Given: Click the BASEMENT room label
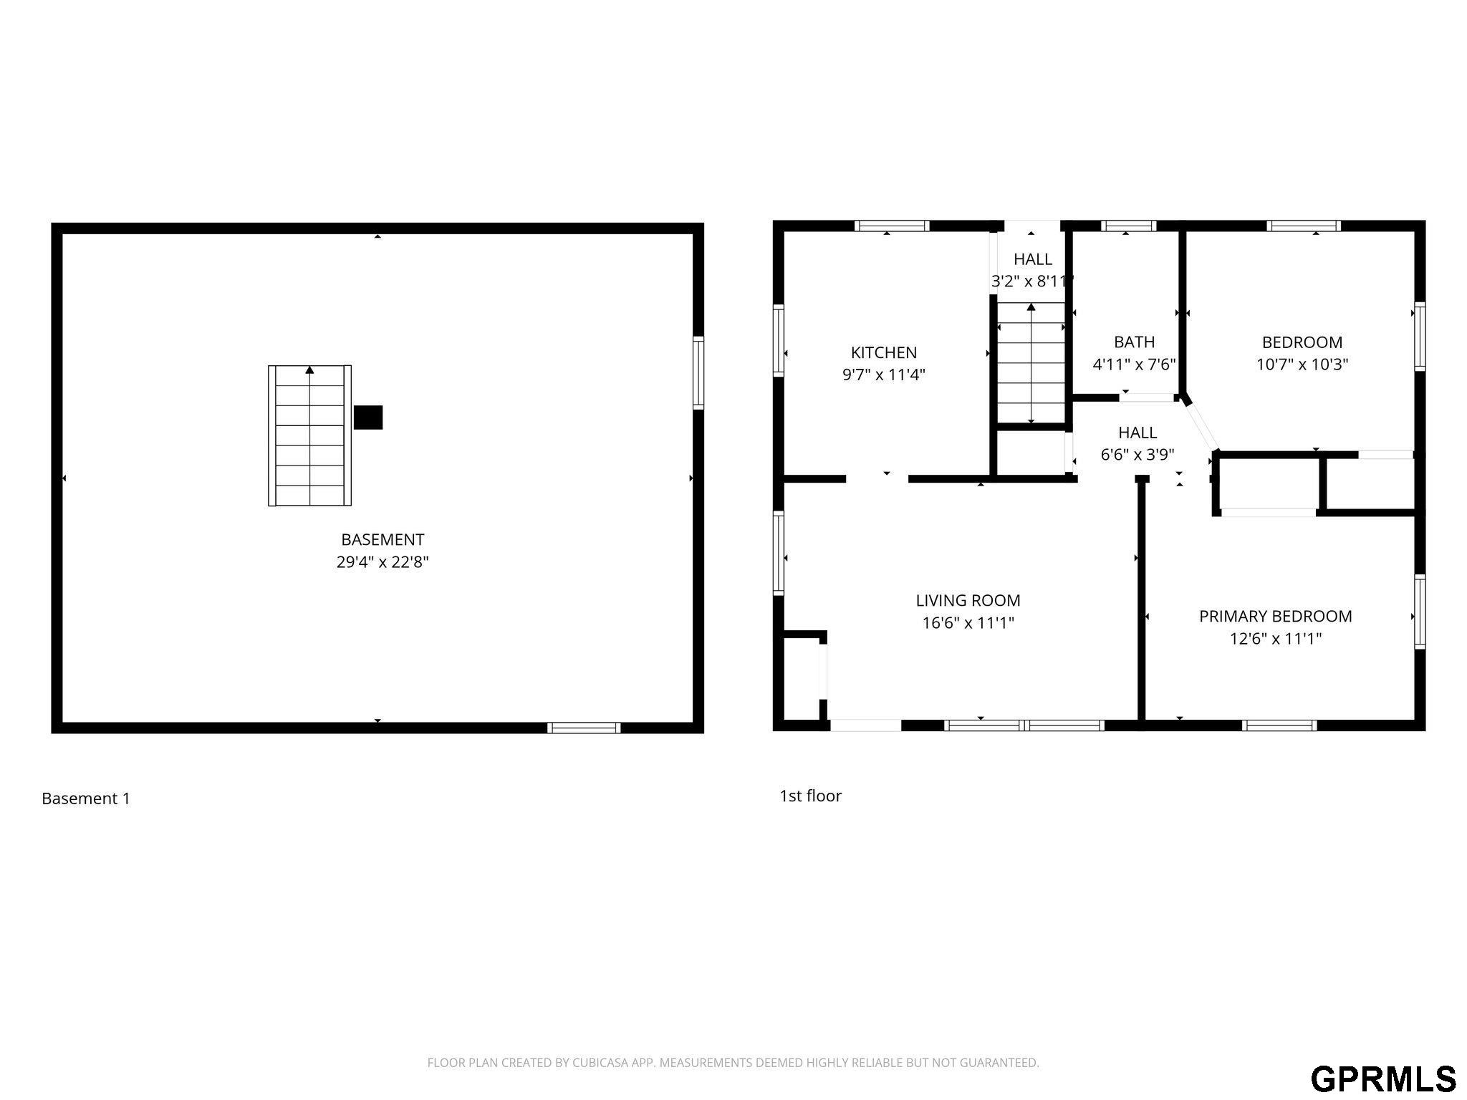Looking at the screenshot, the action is click(x=383, y=539).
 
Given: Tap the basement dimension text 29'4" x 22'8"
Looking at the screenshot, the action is click(x=383, y=561).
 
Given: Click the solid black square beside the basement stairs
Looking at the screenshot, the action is click(x=368, y=418).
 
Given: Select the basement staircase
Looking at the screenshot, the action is click(x=309, y=435).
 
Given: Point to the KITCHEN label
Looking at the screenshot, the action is click(x=884, y=352).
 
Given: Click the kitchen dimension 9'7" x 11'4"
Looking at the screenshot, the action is click(x=884, y=374).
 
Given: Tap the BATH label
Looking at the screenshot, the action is click(x=1134, y=342).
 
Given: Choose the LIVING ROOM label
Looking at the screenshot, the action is click(x=968, y=600).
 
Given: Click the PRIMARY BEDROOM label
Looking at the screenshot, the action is click(x=1276, y=616).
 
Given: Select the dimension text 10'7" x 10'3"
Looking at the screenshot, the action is click(x=1302, y=364).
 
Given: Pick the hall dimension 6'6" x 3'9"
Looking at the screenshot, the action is click(x=1137, y=454).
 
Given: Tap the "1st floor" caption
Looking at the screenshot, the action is click(x=810, y=796).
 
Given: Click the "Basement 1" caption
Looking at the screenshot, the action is click(x=86, y=799).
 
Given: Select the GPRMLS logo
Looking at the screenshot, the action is click(x=1383, y=1078).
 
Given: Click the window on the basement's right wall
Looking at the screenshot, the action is click(x=698, y=372).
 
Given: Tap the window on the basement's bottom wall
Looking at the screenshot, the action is click(x=584, y=728).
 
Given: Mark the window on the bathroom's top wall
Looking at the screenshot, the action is click(x=1128, y=226).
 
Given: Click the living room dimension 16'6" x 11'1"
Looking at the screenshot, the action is click(x=968, y=622).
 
